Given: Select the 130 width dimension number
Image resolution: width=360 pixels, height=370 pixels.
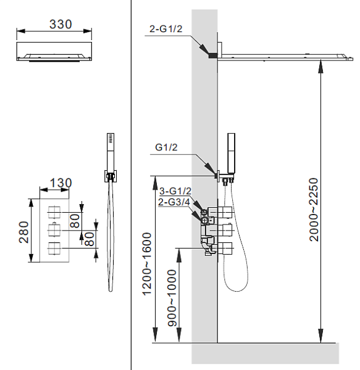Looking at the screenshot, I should [61, 183].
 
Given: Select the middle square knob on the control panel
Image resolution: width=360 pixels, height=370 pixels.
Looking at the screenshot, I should [55, 231].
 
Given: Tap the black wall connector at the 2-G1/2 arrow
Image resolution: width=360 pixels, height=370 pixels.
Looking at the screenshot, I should [214, 55].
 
